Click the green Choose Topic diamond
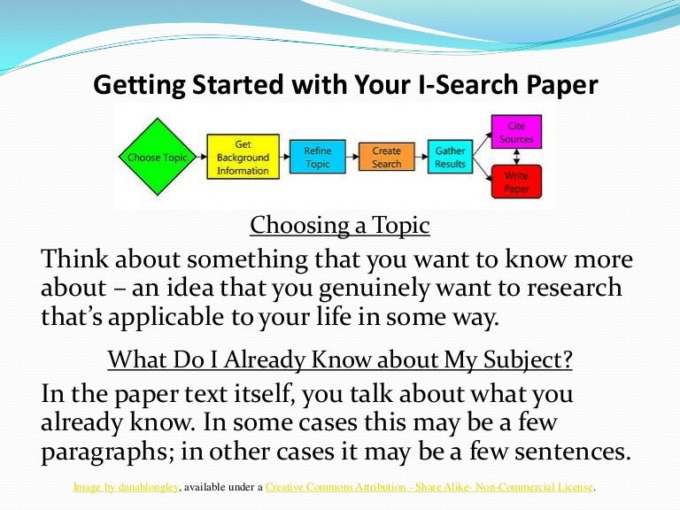point(157,157)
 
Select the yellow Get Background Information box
point(243,157)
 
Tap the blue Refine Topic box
point(318,157)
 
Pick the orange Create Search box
point(386,157)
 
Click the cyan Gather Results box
point(450,157)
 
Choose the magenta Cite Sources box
point(516,132)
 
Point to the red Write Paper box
point(516,182)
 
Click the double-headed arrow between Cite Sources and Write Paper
point(516,157)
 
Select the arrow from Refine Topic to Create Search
point(352,157)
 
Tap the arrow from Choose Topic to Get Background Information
point(202,157)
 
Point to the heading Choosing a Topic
point(340,226)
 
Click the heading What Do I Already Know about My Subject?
point(340,360)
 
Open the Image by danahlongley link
point(126,487)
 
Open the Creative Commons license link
point(429,487)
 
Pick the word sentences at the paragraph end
point(573,451)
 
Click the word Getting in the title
point(139,85)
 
